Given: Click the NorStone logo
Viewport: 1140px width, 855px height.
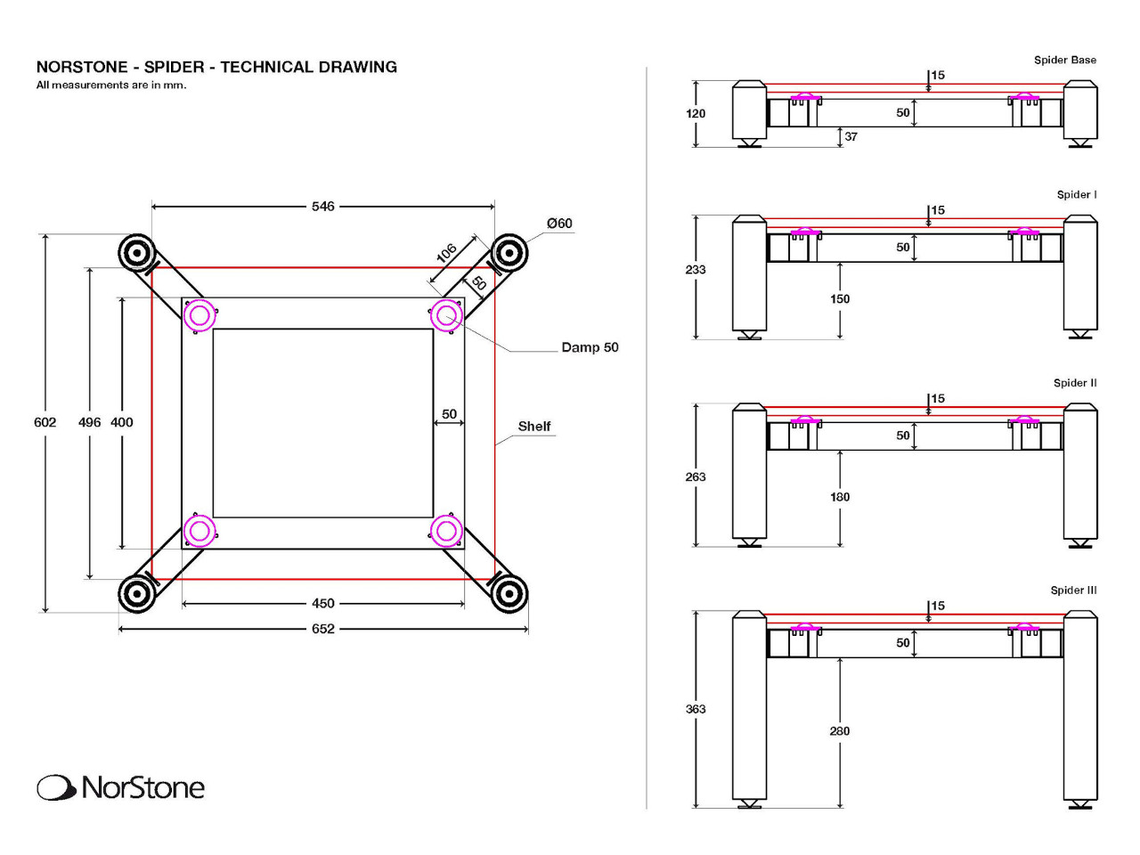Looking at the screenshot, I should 121,787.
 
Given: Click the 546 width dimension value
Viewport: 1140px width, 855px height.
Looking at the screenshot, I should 322,207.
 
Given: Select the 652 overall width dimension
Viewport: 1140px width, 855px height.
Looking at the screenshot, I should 322,629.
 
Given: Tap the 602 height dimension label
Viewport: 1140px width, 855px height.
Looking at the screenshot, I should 45,422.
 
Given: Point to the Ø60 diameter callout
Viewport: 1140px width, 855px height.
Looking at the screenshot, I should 559,224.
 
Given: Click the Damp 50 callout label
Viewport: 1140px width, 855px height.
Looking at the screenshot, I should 590,347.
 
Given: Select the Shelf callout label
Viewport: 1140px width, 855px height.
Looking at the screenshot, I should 534,427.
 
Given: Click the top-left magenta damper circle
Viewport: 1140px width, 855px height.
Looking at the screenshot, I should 199,314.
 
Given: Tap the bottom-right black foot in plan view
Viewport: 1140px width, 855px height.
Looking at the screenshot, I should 509,593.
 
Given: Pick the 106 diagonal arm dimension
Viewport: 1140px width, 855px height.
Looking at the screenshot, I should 447,253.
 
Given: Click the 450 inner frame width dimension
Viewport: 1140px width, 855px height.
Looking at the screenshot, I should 322,604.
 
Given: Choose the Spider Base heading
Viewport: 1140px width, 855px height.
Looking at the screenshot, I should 1064,61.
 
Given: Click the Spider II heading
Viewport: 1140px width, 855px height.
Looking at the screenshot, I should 1075,383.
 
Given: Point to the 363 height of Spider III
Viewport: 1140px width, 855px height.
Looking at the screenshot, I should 696,710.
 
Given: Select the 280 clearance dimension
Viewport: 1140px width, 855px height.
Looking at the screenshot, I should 840,731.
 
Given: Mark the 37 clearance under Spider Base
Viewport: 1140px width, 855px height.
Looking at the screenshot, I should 851,137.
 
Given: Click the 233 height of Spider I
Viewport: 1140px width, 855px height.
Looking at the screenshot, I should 696,270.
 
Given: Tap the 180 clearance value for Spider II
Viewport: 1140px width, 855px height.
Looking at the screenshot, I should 840,497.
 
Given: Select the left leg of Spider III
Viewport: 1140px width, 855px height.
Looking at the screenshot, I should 749,708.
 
